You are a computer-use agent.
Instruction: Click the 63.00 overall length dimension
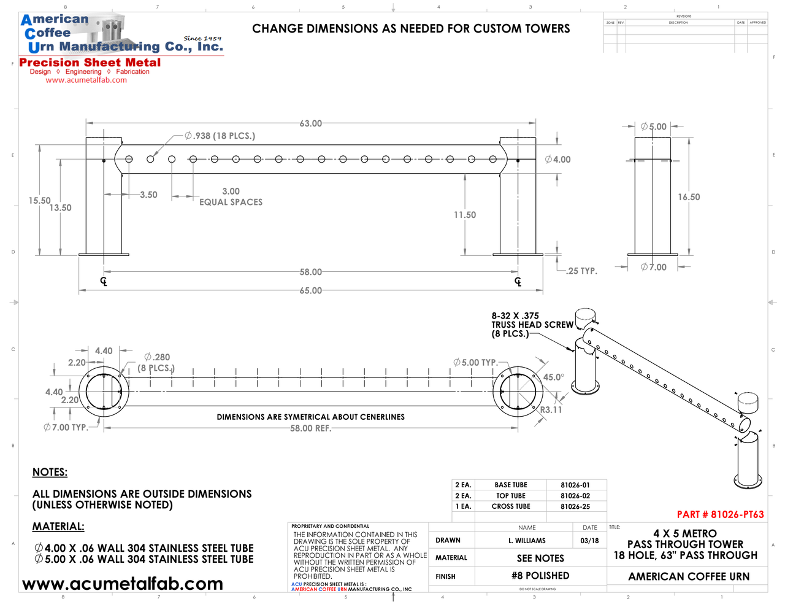(311, 123)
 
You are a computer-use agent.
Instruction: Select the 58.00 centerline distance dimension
(311, 272)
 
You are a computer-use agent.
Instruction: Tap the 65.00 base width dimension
(311, 290)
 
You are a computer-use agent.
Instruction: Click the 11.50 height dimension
(465, 215)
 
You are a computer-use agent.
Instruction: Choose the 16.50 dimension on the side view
(689, 197)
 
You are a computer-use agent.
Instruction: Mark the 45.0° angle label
(553, 377)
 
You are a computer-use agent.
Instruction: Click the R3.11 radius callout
(551, 409)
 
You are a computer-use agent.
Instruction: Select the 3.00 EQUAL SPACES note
(231, 197)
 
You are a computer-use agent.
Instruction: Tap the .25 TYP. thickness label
(582, 271)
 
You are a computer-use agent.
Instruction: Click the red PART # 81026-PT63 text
(720, 514)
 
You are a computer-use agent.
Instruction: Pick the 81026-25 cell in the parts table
(575, 506)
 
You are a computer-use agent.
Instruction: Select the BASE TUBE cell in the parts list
(511, 485)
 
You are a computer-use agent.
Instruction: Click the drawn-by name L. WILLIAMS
(527, 541)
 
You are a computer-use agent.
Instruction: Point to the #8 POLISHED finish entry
(540, 576)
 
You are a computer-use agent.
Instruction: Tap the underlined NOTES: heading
(50, 472)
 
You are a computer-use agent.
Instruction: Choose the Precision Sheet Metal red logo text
(90, 63)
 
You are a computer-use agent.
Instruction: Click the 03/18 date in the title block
(589, 541)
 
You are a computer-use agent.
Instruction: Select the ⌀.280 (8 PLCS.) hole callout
(156, 363)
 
